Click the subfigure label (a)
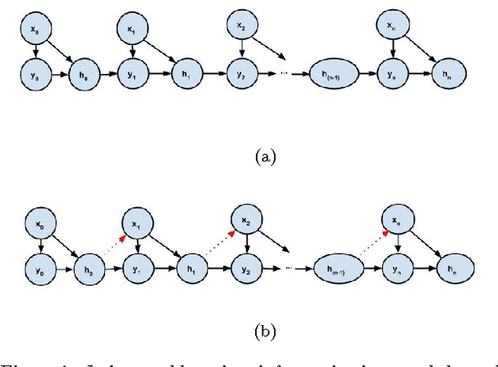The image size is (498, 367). (265, 156)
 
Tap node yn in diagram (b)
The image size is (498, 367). (398, 269)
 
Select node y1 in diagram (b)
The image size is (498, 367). (136, 269)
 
